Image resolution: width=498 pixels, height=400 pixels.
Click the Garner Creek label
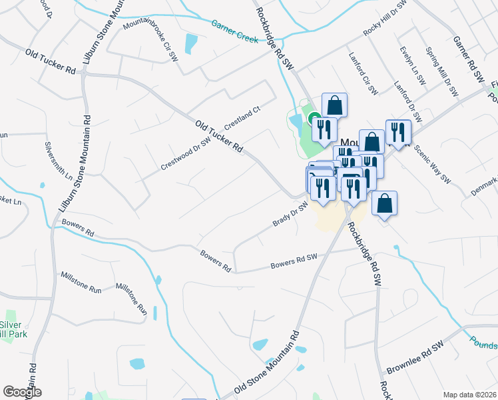click(235, 31)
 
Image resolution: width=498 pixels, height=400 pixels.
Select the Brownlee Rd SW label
click(415, 359)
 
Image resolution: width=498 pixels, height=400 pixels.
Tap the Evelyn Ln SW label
click(413, 65)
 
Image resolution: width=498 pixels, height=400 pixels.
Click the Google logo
click(22, 392)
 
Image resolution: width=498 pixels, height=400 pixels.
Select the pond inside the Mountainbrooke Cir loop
click(191, 43)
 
